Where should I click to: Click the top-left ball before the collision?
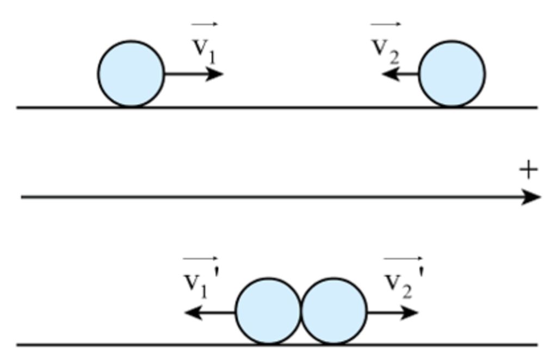point(131,74)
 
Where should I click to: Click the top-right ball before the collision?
point(452,74)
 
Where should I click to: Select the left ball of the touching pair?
point(268,312)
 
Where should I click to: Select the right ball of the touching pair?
point(334,312)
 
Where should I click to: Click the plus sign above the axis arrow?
point(528,170)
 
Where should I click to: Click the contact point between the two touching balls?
point(301,312)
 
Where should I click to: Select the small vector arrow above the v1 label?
point(205,24)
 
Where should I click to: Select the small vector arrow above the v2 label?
point(386,24)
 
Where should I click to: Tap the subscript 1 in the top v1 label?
point(212,57)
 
